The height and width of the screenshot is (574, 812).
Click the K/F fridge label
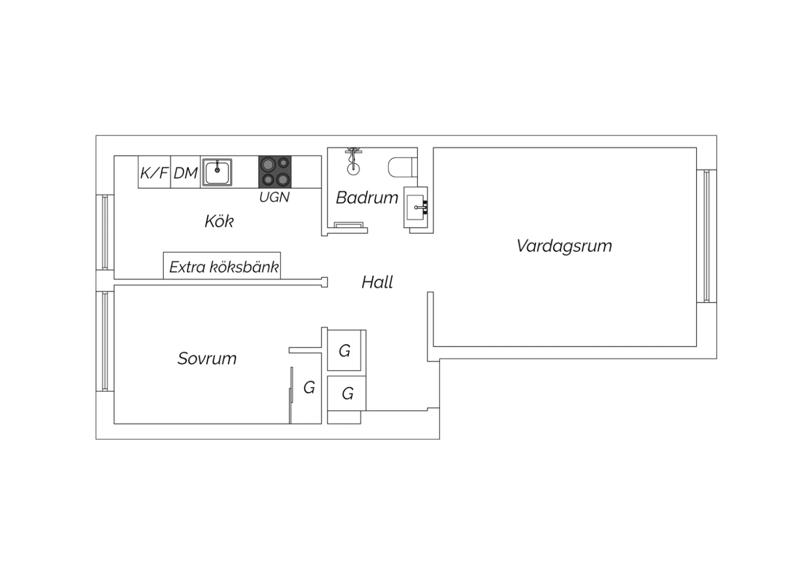click(x=154, y=173)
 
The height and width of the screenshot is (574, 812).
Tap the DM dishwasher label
click(x=185, y=173)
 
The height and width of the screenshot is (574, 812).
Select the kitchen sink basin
click(x=217, y=173)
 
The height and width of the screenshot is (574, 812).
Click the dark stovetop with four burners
click(x=275, y=172)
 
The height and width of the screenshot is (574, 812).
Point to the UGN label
click(x=274, y=197)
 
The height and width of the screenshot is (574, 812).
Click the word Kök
click(x=219, y=221)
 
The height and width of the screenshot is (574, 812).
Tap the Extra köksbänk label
click(x=224, y=267)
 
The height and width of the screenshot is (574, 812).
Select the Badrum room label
click(x=367, y=198)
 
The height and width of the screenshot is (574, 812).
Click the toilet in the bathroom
click(x=402, y=167)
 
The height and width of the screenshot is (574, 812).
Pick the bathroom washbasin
click(x=416, y=207)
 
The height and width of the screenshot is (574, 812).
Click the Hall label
click(x=377, y=282)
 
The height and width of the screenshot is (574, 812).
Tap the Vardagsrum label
click(x=564, y=245)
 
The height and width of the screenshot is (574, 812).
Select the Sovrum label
click(x=207, y=358)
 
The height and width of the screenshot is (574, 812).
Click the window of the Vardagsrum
click(x=706, y=236)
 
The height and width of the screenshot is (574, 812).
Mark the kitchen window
click(x=105, y=232)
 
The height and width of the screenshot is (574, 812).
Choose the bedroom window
click(x=105, y=342)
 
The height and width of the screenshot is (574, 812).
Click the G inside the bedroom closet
click(x=309, y=388)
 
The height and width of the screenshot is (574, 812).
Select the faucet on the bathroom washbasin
click(x=421, y=207)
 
